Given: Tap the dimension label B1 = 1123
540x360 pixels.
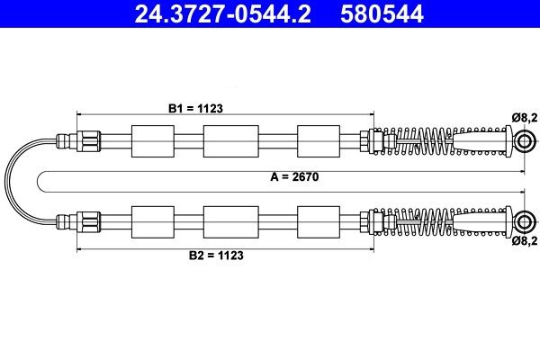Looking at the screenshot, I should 195,106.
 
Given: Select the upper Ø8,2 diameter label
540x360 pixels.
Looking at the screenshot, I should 524,116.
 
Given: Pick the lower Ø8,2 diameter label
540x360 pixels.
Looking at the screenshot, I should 524,241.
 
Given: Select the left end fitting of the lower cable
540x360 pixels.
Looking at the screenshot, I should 76,219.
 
